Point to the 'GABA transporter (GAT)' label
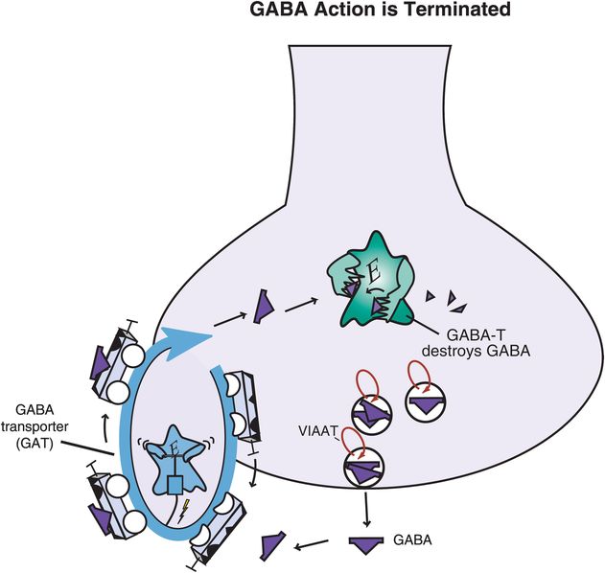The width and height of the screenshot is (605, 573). (40, 420)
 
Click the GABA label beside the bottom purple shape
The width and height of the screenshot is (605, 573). (411, 540)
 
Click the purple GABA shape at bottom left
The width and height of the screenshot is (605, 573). (271, 546)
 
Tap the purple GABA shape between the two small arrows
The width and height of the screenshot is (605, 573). (260, 308)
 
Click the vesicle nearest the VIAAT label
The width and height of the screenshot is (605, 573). (363, 470)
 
